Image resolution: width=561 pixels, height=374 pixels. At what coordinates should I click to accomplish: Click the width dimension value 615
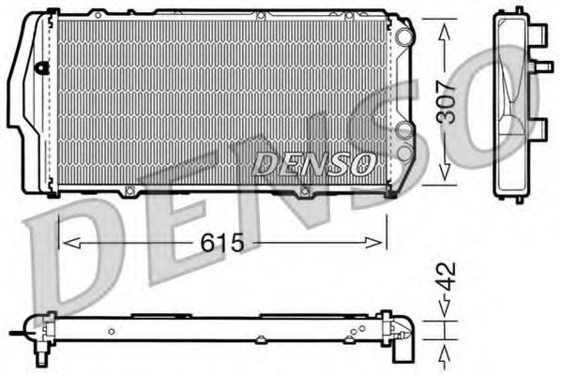click(x=222, y=243)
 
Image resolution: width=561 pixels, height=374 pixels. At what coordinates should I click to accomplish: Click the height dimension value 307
click(x=447, y=102)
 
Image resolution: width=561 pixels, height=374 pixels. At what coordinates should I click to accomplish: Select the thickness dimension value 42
click(x=447, y=277)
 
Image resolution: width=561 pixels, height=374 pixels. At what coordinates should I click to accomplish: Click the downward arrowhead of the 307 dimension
click(x=444, y=178)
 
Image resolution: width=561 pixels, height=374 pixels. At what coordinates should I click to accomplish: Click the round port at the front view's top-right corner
click(x=403, y=36)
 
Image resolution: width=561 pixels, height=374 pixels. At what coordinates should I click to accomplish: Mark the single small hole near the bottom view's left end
click(x=111, y=330)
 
